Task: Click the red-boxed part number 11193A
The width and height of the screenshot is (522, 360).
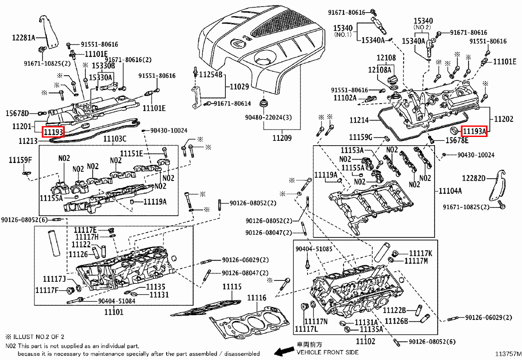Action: tap(474, 130)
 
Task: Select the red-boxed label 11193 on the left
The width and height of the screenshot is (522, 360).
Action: tap(53, 131)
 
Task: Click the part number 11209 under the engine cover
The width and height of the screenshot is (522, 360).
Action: tap(281, 138)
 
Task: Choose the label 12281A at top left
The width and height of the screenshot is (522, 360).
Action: tap(23, 37)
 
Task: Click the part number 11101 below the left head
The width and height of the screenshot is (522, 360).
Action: tap(114, 312)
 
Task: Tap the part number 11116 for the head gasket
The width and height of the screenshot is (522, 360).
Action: tap(257, 298)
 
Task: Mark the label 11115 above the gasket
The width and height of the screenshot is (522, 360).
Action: tap(232, 287)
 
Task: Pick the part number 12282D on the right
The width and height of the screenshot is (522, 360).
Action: tap(474, 178)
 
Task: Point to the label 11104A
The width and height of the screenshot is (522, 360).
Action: tap(450, 191)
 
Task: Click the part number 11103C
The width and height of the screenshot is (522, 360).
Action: tap(114, 139)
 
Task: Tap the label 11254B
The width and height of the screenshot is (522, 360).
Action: tap(211, 75)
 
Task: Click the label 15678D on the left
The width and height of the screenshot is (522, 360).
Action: tap(17, 113)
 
